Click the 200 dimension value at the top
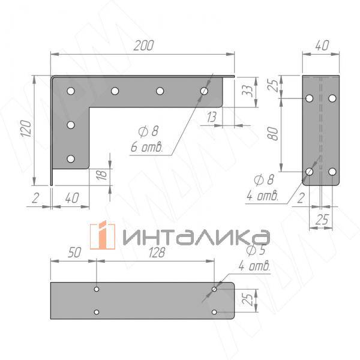click(x=144, y=46)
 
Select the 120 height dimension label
click(x=26, y=128)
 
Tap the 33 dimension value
click(x=247, y=91)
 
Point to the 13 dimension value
click(x=211, y=117)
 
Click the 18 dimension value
click(x=102, y=175)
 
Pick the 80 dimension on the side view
click(x=273, y=133)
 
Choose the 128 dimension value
click(x=157, y=253)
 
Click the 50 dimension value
click(x=74, y=253)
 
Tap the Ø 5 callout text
click(x=256, y=250)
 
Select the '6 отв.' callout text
click(x=147, y=147)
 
